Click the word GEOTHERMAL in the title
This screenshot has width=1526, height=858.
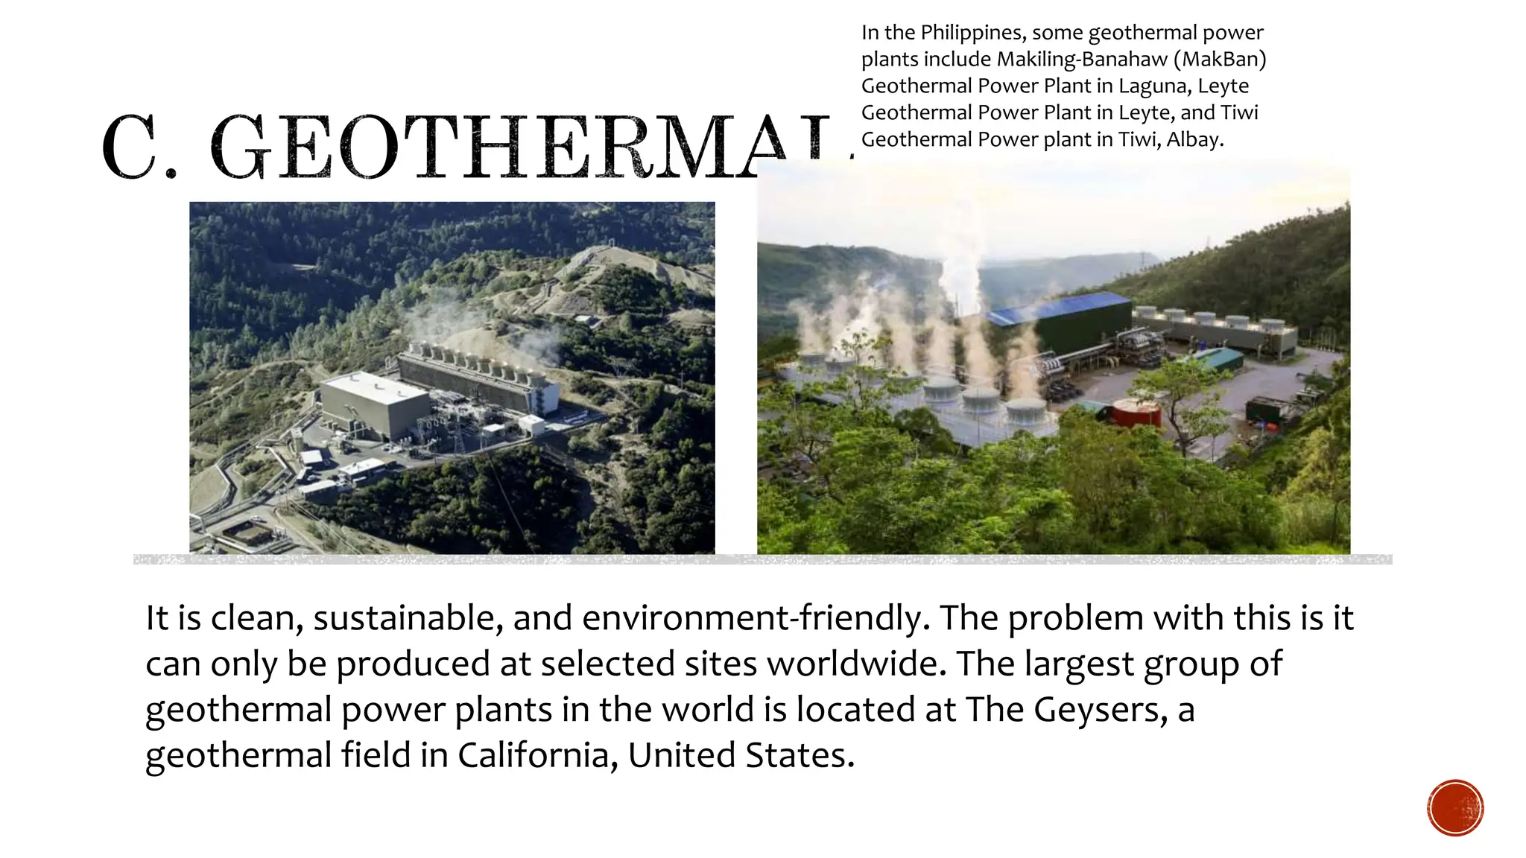point(522,147)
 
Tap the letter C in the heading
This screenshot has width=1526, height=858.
point(132,147)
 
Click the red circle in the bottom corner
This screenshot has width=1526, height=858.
point(1455,808)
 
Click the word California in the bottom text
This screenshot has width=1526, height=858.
point(537,755)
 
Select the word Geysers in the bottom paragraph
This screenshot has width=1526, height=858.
point(1099,710)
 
